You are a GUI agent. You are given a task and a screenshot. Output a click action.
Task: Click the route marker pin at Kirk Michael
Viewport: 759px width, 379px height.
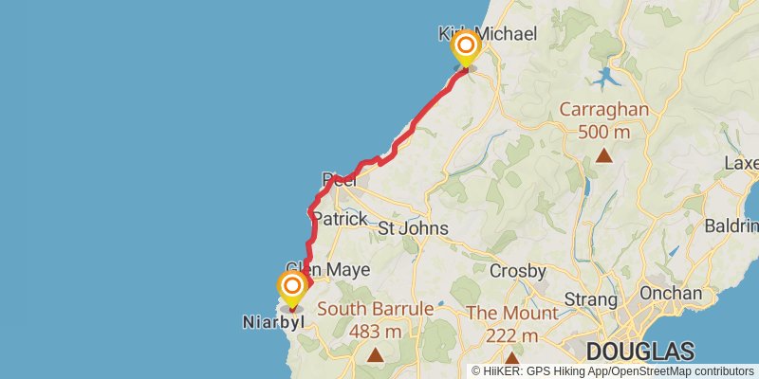466,48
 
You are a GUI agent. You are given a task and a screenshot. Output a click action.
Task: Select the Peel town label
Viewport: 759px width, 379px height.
338,179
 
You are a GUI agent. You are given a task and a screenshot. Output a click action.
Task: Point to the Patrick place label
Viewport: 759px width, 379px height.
340,219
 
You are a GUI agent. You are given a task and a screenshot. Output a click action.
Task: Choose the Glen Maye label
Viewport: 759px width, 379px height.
328,270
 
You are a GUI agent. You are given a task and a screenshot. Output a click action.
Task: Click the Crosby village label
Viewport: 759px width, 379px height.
517,272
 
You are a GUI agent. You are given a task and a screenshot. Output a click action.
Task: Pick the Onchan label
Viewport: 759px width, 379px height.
671,294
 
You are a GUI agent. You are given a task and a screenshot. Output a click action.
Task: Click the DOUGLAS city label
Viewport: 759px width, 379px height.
639,350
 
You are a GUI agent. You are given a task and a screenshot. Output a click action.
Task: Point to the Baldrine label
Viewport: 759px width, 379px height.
732,226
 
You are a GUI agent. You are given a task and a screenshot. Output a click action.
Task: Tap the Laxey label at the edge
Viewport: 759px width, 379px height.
741,163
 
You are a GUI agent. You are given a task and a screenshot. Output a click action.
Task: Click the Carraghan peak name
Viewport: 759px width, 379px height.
603,109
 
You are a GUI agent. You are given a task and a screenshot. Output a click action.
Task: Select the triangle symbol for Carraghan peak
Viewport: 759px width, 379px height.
603,155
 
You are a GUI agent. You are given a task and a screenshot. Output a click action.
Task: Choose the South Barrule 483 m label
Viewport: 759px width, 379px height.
375,319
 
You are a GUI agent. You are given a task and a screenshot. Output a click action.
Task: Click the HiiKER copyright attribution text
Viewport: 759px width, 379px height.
612,371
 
